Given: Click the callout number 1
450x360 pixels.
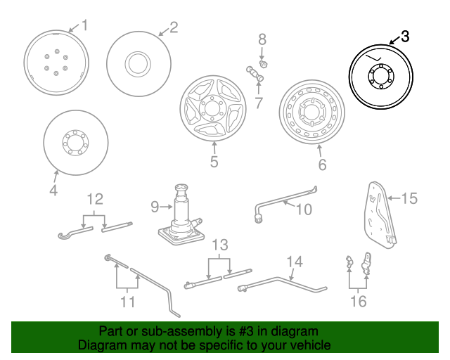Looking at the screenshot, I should (85, 26).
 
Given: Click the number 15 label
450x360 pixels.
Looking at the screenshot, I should (409, 199).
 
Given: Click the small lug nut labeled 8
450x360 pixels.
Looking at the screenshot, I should (262, 61).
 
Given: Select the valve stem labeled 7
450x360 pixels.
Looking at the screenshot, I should (253, 71).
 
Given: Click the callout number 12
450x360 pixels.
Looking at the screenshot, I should (94, 199).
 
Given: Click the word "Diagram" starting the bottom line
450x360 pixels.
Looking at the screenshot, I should (101, 345).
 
